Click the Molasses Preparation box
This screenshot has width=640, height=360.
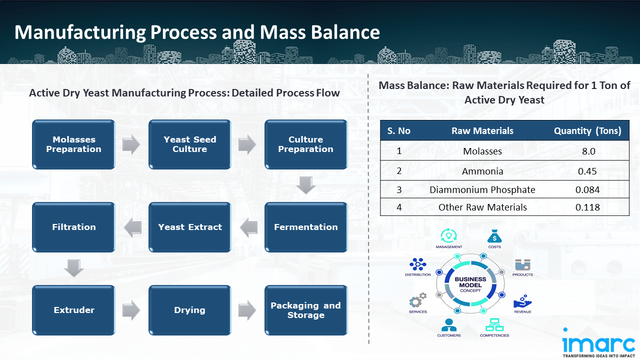pyautogui.click(x=74, y=144)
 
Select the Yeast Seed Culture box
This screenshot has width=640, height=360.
pyautogui.click(x=190, y=144)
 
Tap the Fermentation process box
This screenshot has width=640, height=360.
pyautogui.click(x=306, y=227)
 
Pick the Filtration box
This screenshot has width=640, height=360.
pyautogui.click(x=74, y=227)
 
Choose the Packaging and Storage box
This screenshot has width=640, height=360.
pyautogui.click(x=306, y=310)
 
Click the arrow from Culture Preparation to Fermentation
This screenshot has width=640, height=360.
pyautogui.click(x=306, y=185)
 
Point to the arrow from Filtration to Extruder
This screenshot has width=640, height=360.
pyautogui.click(x=74, y=268)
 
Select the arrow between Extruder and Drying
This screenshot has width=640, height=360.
pyautogui.click(x=131, y=310)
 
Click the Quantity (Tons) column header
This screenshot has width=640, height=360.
pyautogui.click(x=587, y=131)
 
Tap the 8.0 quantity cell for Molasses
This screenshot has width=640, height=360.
pyautogui.click(x=588, y=151)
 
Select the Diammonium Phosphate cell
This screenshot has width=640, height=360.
pyautogui.click(x=482, y=189)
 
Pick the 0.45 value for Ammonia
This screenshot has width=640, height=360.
pyautogui.click(x=587, y=171)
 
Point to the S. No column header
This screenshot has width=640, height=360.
pyautogui.click(x=398, y=131)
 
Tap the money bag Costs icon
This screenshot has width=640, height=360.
pyautogui.click(x=494, y=235)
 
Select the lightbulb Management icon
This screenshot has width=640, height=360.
pyautogui.click(x=448, y=235)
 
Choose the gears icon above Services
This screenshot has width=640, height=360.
pyautogui.click(x=417, y=300)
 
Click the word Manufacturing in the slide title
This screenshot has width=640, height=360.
pyautogui.click(x=80, y=32)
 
